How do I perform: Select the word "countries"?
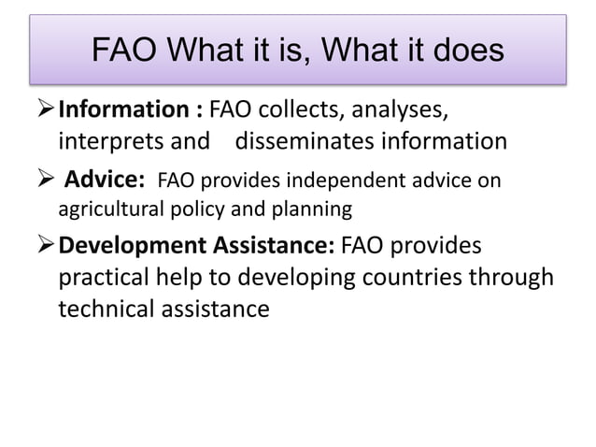coord(418,278)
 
